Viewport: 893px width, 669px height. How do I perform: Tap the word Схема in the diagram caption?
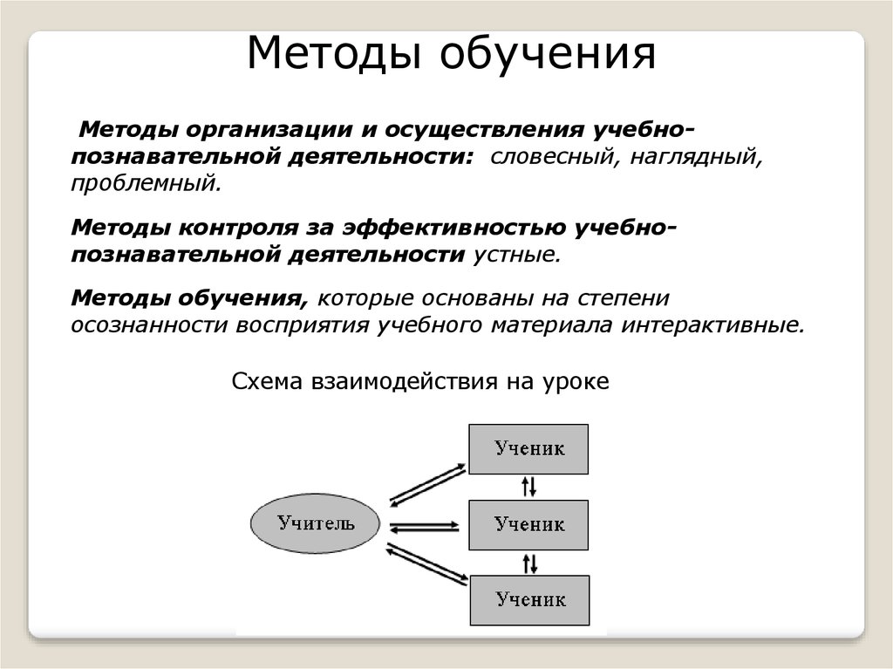264,383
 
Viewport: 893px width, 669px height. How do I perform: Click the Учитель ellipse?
316,524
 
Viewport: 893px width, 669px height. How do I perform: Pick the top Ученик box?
528,449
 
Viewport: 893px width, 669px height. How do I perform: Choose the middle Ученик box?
528,525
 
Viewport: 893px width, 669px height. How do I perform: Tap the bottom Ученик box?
529,600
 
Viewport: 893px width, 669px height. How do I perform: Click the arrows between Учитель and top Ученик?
426,485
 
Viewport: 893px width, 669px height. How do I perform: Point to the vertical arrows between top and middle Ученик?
529,487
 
